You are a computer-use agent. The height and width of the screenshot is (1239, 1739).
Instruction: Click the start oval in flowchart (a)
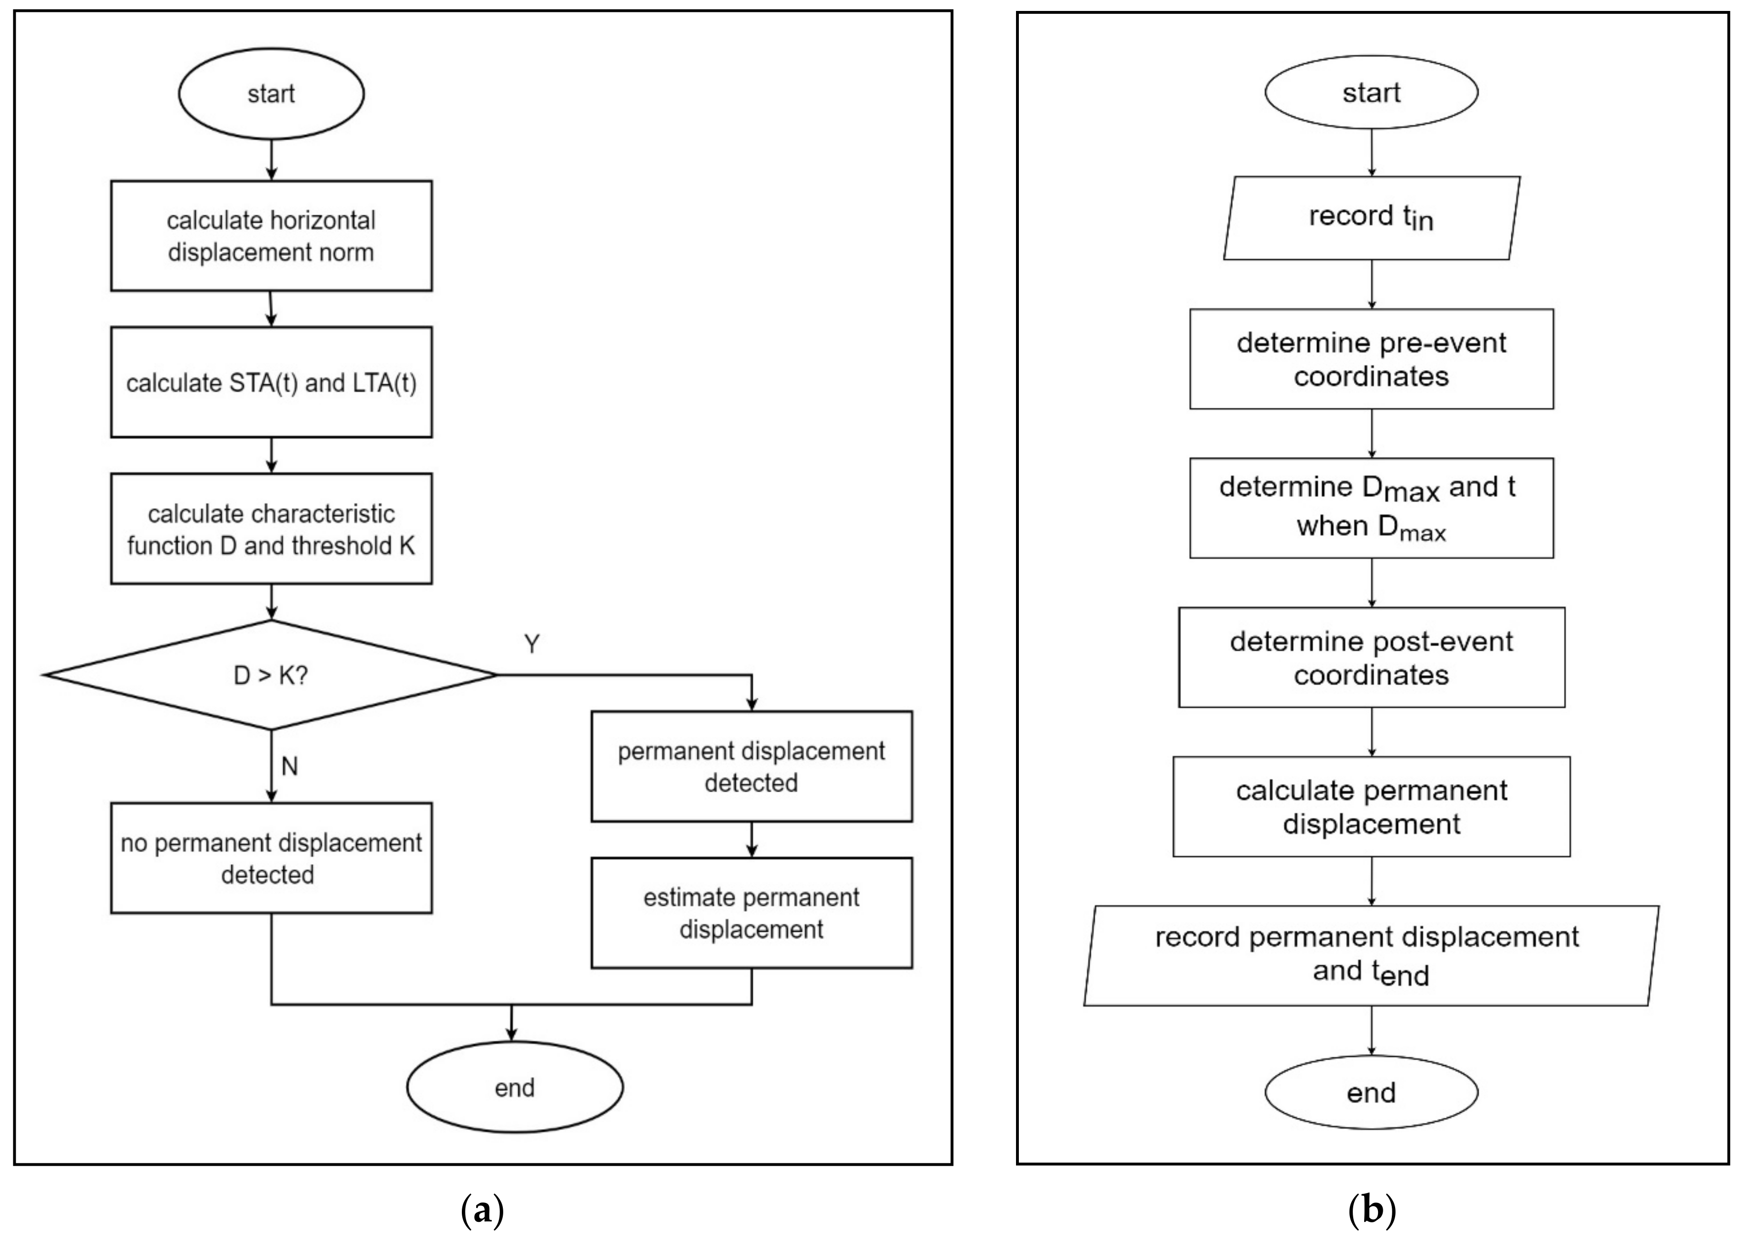pyautogui.click(x=271, y=94)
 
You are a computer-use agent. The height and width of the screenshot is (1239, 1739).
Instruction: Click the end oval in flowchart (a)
pyautogui.click(x=514, y=1087)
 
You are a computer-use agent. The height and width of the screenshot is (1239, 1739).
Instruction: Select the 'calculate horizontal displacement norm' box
pyautogui.click(x=271, y=236)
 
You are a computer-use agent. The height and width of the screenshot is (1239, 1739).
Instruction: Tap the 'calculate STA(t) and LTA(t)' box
pyautogui.click(x=271, y=382)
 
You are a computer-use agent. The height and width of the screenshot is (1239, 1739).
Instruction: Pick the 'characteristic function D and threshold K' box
pyautogui.click(x=271, y=529)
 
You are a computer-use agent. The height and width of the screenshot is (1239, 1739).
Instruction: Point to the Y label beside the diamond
pyautogui.click(x=532, y=645)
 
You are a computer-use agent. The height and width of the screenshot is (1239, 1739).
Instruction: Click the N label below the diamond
pyautogui.click(x=289, y=766)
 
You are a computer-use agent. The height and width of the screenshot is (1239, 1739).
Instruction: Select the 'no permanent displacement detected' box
pyautogui.click(x=271, y=858)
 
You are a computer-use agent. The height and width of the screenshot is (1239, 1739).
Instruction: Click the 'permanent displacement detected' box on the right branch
pyautogui.click(x=751, y=767)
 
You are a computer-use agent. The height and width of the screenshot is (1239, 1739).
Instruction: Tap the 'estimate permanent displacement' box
pyautogui.click(x=751, y=913)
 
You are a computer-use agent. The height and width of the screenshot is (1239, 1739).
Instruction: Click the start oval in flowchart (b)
pyautogui.click(x=1371, y=92)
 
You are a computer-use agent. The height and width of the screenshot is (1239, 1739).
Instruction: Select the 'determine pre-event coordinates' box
pyautogui.click(x=1371, y=359)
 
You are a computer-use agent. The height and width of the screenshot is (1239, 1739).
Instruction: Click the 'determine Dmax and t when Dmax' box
pyautogui.click(x=1371, y=508)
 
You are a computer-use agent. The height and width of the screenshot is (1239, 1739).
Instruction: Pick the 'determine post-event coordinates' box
pyautogui.click(x=1371, y=658)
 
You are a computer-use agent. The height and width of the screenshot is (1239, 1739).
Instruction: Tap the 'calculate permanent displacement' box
pyautogui.click(x=1371, y=806)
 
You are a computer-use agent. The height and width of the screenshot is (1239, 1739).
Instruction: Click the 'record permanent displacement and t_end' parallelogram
pyautogui.click(x=1371, y=955)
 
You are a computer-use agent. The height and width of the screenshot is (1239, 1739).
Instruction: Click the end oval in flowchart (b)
pyautogui.click(x=1371, y=1092)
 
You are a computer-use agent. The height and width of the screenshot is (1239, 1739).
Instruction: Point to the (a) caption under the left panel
pyautogui.click(x=483, y=1211)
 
